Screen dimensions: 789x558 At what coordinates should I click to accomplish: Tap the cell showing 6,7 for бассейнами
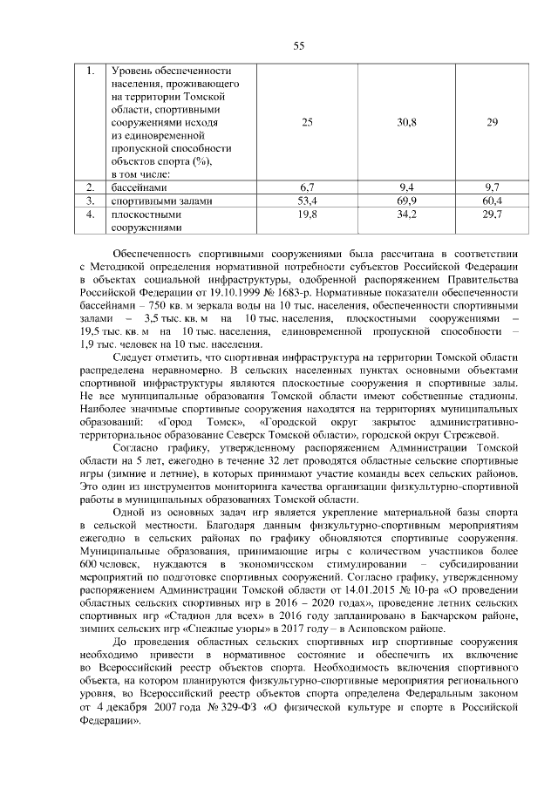tap(306, 187)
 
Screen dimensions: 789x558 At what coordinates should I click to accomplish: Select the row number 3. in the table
tap(90, 201)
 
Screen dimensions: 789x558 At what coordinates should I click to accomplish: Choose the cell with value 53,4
tap(306, 201)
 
